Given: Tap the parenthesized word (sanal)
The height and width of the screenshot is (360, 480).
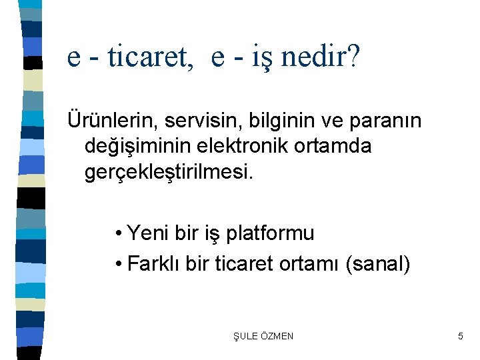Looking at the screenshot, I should pyautogui.click(x=378, y=263).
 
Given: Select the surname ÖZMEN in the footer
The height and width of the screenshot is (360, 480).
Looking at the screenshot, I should pyautogui.click(x=276, y=336).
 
